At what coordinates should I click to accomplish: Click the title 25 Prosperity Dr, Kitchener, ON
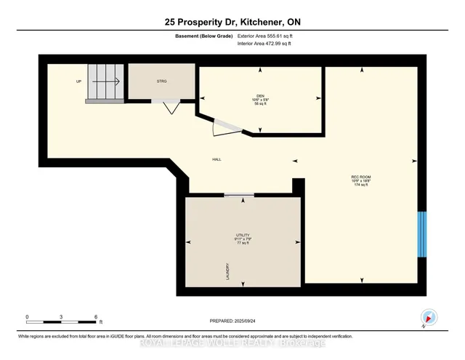tap(232, 23)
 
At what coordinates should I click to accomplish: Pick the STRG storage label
tap(161, 81)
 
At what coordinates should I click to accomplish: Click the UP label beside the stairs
tap(78, 81)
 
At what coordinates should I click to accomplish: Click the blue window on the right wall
tap(421, 234)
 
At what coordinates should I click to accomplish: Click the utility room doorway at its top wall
tap(238, 195)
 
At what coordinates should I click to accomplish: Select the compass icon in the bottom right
tap(428, 316)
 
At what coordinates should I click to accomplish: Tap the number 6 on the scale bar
tap(96, 316)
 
